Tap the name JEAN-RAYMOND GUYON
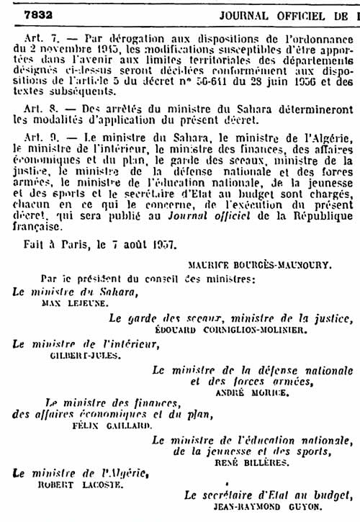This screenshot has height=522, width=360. click(266, 508)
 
